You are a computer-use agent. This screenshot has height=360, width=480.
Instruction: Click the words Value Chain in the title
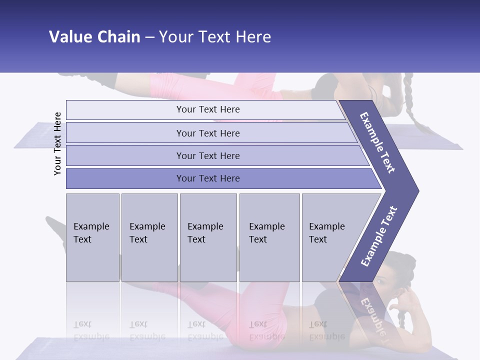point(94,37)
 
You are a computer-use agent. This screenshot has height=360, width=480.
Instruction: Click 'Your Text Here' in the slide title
point(215,37)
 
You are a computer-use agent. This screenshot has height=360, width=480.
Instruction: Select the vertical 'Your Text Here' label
point(58,143)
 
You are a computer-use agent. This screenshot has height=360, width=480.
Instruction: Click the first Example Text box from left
point(92,237)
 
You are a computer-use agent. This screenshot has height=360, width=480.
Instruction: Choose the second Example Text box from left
point(149,237)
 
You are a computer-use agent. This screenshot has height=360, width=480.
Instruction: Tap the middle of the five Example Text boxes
point(208,237)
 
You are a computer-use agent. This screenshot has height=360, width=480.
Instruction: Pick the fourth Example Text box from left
point(269,237)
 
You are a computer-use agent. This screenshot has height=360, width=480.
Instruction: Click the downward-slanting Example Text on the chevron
point(378,142)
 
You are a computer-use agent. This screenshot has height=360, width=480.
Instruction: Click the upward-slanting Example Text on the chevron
point(379,236)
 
